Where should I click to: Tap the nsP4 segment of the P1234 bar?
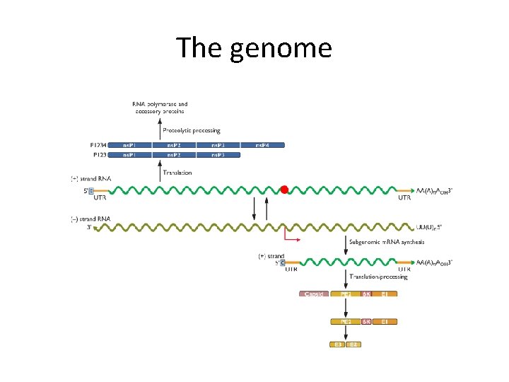tap(262, 145)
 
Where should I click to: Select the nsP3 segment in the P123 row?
tap(218, 154)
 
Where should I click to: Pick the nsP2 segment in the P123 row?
tap(173, 154)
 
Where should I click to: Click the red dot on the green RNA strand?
tap(284, 189)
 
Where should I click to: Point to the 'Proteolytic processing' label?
tap(192, 130)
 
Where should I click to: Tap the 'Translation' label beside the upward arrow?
tap(177, 173)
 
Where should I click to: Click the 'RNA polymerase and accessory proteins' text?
tap(160, 108)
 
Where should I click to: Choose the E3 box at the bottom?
tap(339, 345)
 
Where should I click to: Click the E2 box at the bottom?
tap(354, 345)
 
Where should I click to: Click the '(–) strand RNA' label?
tap(90, 219)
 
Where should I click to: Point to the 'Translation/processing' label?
tap(378, 277)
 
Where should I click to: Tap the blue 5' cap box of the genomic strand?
tap(90, 190)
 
